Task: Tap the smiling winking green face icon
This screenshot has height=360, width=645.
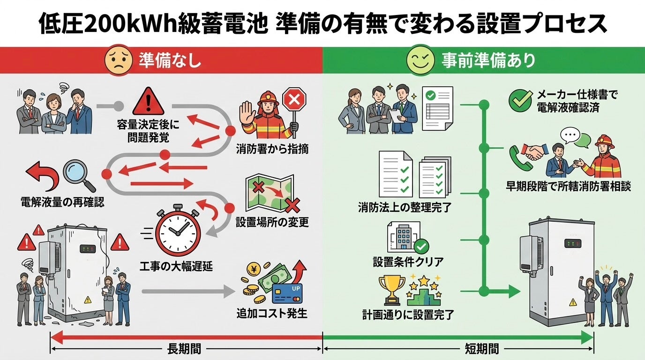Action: [419, 60]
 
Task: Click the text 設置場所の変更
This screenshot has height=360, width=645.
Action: [272, 222]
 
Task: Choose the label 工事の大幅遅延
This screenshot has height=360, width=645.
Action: [176, 267]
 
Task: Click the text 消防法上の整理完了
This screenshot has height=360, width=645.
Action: [405, 207]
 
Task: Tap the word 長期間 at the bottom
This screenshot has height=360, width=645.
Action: [184, 349]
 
